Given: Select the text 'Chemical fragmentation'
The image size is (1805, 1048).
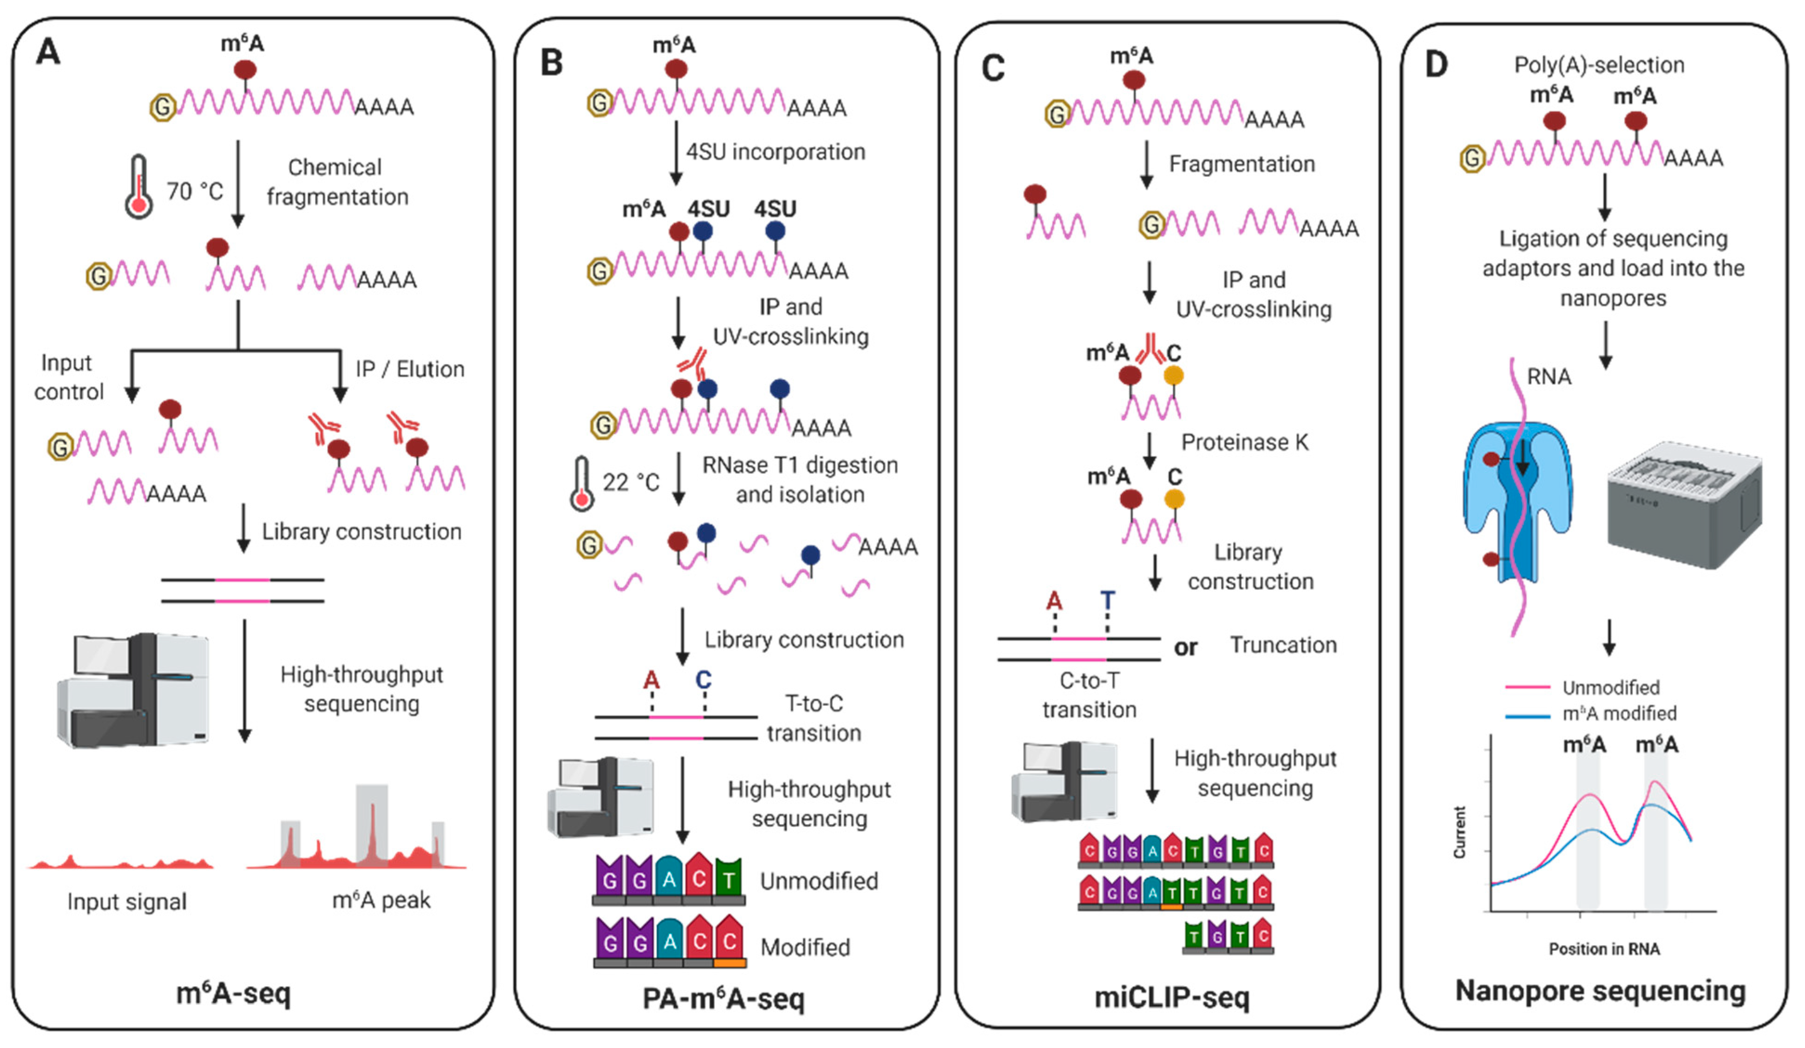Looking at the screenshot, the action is click(337, 182).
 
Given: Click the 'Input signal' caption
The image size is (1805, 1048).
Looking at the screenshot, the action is click(127, 901).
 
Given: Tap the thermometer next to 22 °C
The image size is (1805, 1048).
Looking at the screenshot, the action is click(582, 484).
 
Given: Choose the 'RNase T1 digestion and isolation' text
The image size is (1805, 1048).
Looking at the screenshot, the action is click(799, 480).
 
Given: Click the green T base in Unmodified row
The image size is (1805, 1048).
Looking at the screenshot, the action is click(729, 878).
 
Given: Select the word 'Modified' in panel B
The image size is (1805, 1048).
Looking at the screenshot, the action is click(805, 947).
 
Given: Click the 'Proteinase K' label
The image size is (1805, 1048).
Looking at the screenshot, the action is click(1245, 442).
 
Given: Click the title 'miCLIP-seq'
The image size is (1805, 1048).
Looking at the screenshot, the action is click(1172, 997).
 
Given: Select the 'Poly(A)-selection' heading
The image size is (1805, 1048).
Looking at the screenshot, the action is click(1599, 65).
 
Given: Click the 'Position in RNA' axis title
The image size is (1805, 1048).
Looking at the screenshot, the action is click(1604, 949).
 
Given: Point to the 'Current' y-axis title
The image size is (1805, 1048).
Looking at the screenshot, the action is click(1459, 832).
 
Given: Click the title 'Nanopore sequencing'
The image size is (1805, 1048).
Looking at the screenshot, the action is click(1600, 991).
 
